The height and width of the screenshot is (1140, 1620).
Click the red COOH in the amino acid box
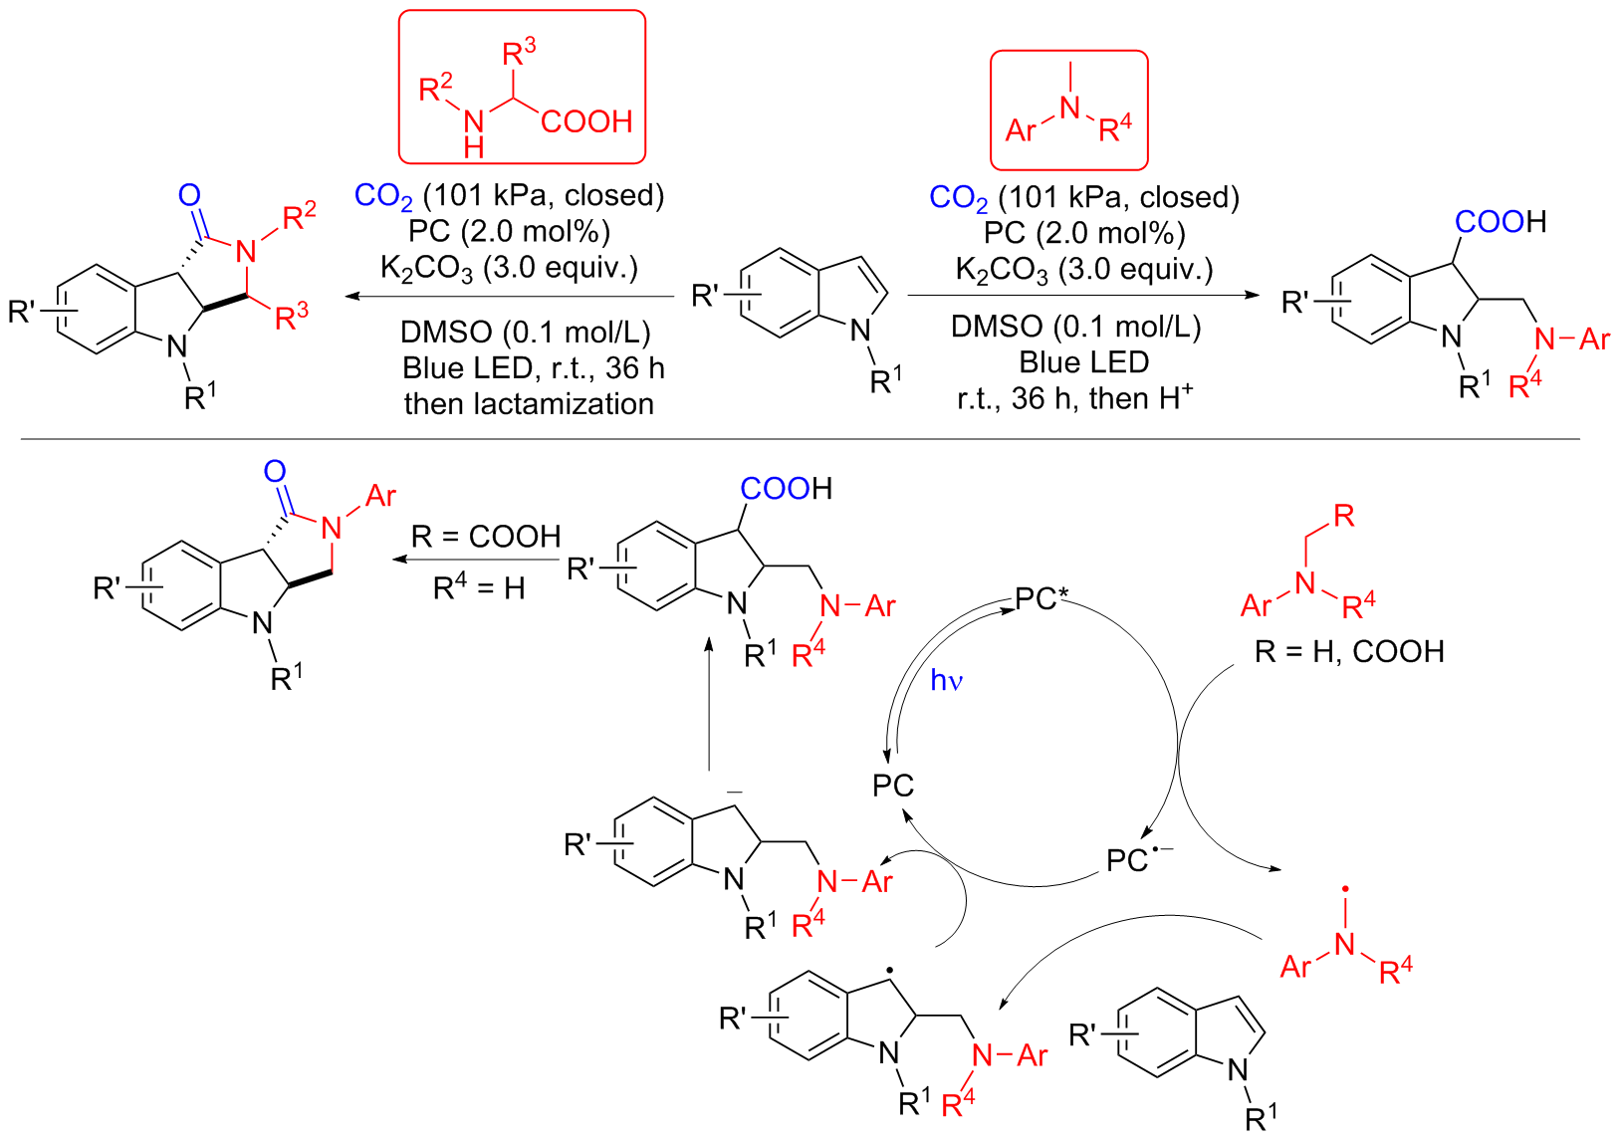point(586,121)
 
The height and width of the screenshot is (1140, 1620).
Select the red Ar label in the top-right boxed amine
point(1022,130)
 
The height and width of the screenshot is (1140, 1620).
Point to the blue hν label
point(947,680)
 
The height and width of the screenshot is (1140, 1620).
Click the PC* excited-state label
point(1041,599)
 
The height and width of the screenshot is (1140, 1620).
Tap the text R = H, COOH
point(1349,652)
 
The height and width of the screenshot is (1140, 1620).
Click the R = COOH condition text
point(486,537)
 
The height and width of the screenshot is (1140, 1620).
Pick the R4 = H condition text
point(479,588)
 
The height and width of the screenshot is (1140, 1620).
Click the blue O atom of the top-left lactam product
point(189,196)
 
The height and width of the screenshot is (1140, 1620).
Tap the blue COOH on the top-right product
point(1490,222)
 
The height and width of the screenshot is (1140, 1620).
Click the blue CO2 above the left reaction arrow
point(383,196)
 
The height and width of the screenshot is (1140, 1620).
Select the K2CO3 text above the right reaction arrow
point(1001,270)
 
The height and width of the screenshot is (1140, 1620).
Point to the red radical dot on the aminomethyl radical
point(1345,887)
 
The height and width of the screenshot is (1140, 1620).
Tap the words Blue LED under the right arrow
point(1084,362)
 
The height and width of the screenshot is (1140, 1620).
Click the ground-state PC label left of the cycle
point(893,786)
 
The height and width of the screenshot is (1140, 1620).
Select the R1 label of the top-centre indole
point(885,379)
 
